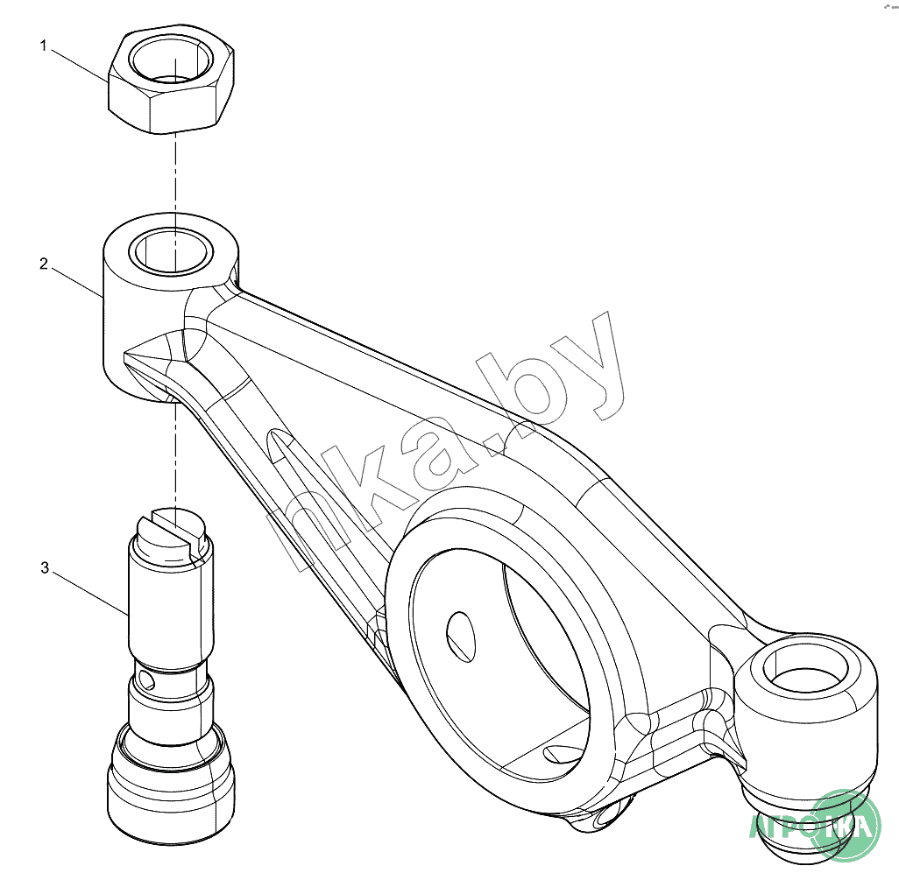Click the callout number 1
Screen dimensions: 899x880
[x=43, y=46]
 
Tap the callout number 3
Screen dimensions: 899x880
[x=44, y=568]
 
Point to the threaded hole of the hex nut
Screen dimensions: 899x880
[x=172, y=60]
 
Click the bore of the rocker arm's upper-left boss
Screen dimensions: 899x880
[x=172, y=250]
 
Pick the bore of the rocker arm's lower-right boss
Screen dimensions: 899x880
[x=806, y=675]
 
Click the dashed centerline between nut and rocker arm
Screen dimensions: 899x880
[x=174, y=175]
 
